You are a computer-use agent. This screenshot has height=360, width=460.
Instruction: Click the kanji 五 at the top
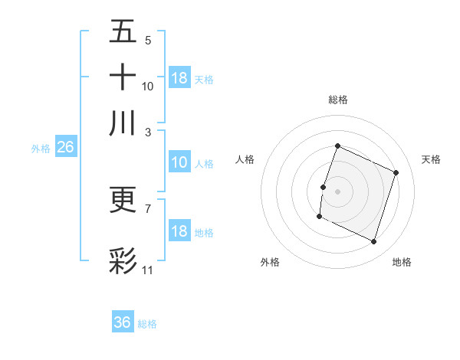tap(123, 32)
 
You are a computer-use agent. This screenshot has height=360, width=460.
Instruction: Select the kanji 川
tap(123, 123)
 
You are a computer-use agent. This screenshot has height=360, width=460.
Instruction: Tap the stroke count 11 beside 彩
tap(148, 270)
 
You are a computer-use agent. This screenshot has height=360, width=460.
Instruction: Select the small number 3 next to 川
tap(148, 132)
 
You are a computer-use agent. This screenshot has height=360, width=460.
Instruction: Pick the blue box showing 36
tap(123, 322)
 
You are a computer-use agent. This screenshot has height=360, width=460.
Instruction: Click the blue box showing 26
tap(65, 148)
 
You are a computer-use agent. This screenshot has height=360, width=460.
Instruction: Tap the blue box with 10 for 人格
tap(179, 162)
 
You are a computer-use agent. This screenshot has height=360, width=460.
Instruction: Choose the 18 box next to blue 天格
tap(179, 78)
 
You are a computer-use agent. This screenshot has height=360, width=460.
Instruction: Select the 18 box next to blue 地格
tap(179, 231)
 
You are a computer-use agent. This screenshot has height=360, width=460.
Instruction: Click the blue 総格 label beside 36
tap(147, 324)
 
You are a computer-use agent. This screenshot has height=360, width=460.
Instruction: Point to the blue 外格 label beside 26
tap(41, 149)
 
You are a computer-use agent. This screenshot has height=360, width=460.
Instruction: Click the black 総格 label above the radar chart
tap(337, 100)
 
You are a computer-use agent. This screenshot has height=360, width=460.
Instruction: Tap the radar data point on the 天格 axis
tap(396, 172)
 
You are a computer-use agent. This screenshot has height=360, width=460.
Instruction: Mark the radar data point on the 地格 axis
tap(374, 242)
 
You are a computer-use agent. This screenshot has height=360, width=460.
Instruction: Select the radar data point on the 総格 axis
tap(337, 146)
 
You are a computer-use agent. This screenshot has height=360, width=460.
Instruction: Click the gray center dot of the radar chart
tap(337, 191)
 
